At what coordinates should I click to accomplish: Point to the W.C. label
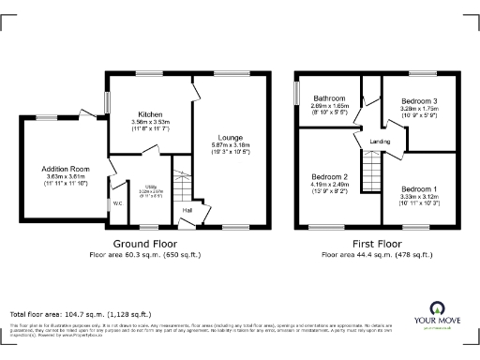117,202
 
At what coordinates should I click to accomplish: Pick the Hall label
187,210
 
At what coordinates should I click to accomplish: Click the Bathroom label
329,98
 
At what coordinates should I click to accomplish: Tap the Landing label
380,142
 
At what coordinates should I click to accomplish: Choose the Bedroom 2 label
329,176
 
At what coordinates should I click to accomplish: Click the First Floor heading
371,244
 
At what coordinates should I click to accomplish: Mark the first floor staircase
373,172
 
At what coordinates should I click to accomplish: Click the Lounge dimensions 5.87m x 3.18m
230,144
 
